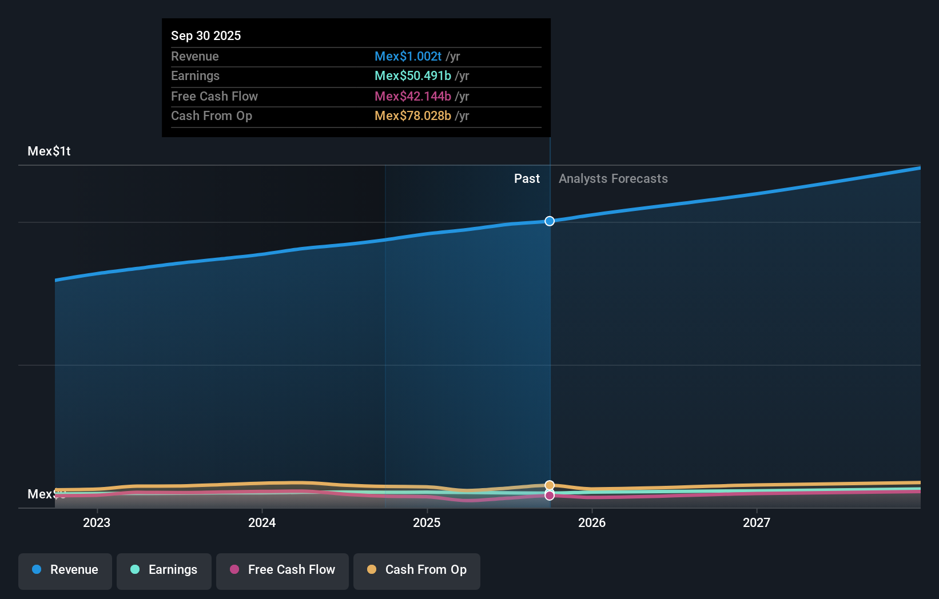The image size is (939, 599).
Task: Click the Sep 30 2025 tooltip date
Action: pos(206,35)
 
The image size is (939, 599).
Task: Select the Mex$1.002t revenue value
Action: pos(408,56)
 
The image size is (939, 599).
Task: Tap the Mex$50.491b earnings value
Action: pos(412,75)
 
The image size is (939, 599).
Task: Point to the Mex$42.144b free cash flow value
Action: pos(412,96)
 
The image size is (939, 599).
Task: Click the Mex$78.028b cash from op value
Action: pos(412,115)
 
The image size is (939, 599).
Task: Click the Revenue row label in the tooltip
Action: pos(194,56)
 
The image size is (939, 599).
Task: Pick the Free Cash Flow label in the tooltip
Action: pos(214,96)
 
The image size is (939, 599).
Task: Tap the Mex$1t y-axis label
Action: pos(49,151)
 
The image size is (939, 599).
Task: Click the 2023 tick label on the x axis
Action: pos(97,522)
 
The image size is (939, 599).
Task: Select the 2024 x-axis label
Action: pos(262,522)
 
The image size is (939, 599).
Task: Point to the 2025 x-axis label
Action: pos(427,522)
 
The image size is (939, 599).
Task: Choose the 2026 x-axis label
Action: pos(591,522)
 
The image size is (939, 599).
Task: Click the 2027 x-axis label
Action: pos(756,522)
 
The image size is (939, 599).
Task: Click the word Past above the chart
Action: pos(527,178)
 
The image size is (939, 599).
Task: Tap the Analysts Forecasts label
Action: pos(613,178)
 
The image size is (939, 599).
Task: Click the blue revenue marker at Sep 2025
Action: pos(550,221)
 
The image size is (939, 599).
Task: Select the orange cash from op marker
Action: pos(550,485)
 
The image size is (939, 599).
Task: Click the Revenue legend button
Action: pos(65,570)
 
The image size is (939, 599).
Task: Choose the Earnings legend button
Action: pos(164,570)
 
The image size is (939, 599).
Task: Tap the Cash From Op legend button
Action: pos(417,570)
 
